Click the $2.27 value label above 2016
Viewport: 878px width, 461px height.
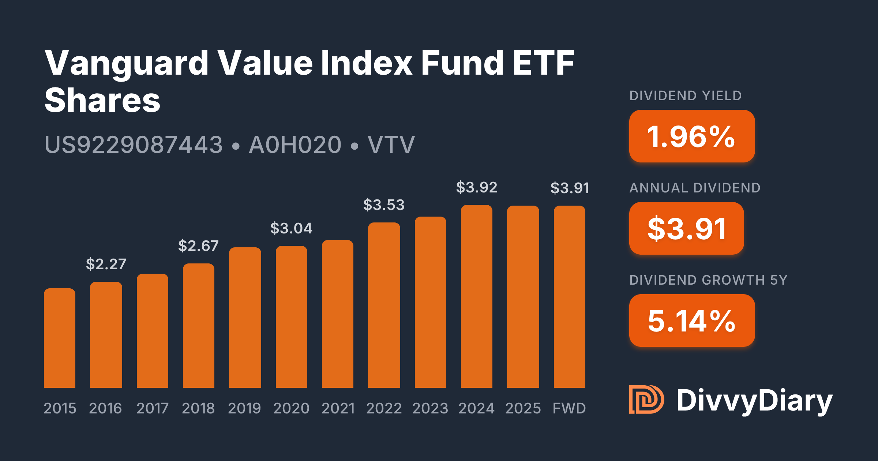click(106, 264)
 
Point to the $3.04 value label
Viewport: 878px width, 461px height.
click(291, 228)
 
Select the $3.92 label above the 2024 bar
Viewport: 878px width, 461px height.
click(477, 187)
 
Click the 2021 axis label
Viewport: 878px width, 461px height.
click(338, 408)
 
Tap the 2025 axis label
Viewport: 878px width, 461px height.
click(523, 408)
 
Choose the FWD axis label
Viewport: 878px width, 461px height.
click(569, 408)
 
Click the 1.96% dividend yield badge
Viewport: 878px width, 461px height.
click(692, 136)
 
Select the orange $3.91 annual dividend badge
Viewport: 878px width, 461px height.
click(686, 228)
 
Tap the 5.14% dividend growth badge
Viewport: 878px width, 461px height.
click(692, 321)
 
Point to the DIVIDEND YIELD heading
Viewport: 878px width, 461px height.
click(686, 96)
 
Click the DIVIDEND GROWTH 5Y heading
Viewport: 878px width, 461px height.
click(708, 280)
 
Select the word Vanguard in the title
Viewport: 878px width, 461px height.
click(127, 63)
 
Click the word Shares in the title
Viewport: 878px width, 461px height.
click(102, 100)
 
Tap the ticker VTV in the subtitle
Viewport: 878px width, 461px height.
click(391, 145)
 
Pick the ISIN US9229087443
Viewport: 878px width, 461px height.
click(134, 145)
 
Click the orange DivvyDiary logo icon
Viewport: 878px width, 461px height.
click(646, 400)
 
